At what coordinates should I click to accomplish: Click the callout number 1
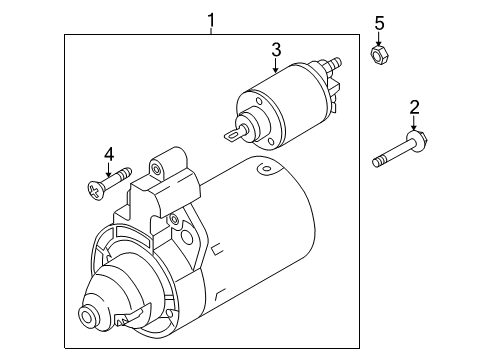211,20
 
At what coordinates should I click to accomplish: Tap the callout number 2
414,108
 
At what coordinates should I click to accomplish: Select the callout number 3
276,50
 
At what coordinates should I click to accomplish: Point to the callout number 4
109,155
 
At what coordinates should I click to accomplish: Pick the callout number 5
379,23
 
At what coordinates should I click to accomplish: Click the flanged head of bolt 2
417,139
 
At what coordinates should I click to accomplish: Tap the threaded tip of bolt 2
377,163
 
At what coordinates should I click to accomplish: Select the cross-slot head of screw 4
95,191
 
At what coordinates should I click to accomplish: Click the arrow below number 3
275,65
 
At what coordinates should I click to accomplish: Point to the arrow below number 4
108,170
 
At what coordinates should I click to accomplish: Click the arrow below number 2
414,123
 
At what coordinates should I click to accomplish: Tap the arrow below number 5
379,39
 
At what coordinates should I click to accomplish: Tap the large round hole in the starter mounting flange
187,236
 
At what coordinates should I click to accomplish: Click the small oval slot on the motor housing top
265,168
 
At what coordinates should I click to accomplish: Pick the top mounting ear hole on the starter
156,169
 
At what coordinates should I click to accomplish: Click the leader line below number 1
211,31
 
